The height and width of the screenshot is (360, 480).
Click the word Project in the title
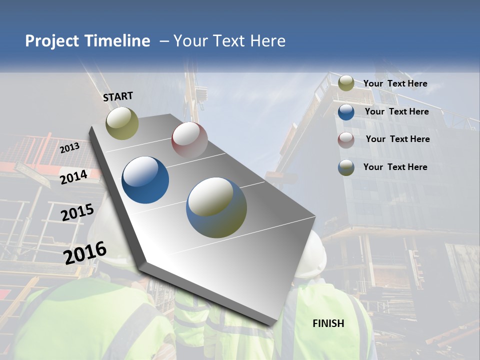pos(51,41)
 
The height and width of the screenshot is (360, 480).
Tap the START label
pos(118,96)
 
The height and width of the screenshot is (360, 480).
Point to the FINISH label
pos(328,323)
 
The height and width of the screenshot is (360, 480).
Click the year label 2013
pos(69,148)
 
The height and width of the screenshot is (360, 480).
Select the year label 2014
pos(73,177)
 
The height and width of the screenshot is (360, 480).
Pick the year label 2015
pos(77,213)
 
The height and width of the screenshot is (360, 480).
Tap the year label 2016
pos(85,253)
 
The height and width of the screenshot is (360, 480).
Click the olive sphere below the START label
pos(122,123)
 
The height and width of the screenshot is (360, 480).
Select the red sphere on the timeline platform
pos(189,139)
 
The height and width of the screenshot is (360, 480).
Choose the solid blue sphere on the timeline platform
pos(145,180)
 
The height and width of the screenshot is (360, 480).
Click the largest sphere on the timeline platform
pos(216,207)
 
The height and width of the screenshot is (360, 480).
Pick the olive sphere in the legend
pos(346,83)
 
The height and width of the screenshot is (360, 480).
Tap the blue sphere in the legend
pos(346,112)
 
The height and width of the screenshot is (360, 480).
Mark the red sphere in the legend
pos(346,140)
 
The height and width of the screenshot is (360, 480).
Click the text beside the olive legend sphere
pos(395,83)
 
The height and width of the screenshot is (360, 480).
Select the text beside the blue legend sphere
pos(396,111)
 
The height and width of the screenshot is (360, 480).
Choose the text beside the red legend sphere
pos(397,139)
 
